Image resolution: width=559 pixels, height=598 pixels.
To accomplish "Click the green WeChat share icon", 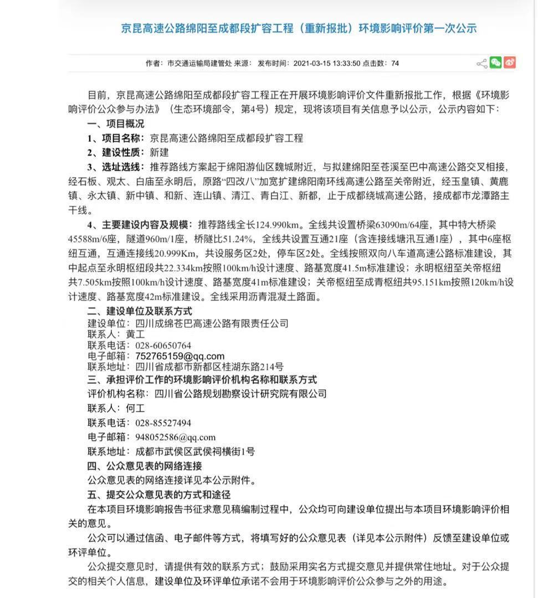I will pyautogui.click(x=496, y=63).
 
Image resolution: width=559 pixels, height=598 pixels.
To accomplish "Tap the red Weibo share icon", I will pyautogui.click(x=510, y=63).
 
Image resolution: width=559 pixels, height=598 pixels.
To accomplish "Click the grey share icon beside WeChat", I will pyautogui.click(x=481, y=63).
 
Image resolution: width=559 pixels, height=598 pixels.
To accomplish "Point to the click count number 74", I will pyautogui.click(x=395, y=63).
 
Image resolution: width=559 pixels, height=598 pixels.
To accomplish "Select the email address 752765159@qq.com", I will pyautogui.click(x=180, y=356).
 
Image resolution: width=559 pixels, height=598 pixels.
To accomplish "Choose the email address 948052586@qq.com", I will pyautogui.click(x=175, y=437).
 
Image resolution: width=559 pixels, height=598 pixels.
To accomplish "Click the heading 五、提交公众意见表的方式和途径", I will pyautogui.click(x=158, y=494).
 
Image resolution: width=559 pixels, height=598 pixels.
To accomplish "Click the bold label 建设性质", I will pyautogui.click(x=122, y=152).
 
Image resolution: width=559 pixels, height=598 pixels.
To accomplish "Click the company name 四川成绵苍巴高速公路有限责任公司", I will pyautogui.click(x=212, y=323).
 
